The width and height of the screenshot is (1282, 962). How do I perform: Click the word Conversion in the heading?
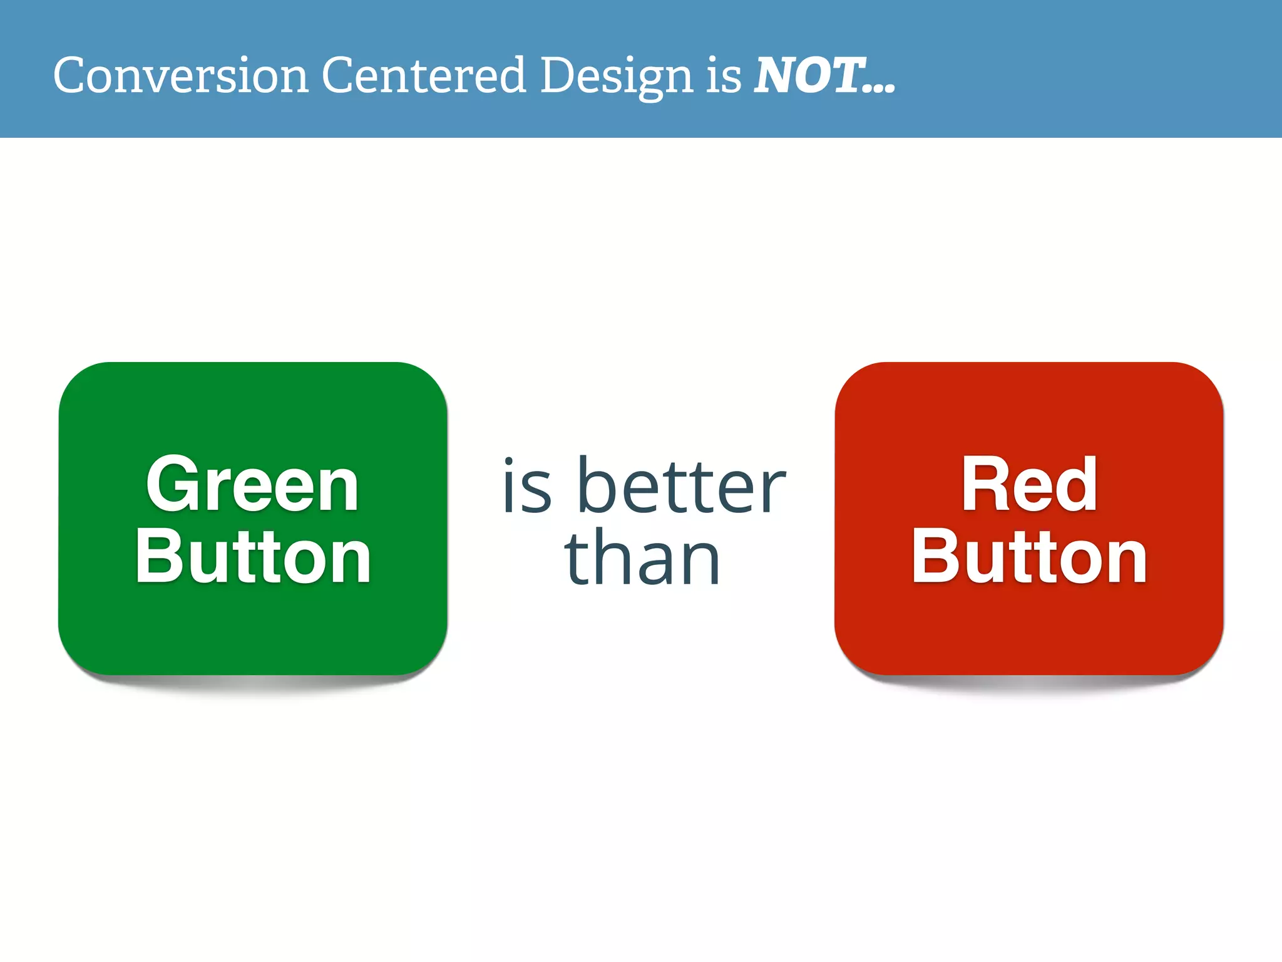click(x=181, y=75)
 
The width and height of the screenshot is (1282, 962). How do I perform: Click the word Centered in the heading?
click(x=423, y=75)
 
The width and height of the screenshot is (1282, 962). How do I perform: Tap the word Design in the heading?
click(x=617, y=76)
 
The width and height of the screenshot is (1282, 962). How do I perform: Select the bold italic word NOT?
click(x=809, y=75)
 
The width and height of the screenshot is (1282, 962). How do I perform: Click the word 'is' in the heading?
click(x=724, y=76)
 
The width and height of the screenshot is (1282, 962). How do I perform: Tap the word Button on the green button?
click(x=253, y=557)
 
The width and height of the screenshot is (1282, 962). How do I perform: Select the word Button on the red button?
click(x=1029, y=557)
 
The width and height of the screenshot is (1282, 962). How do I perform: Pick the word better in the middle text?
click(x=680, y=487)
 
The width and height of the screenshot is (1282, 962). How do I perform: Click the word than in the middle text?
click(x=642, y=558)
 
